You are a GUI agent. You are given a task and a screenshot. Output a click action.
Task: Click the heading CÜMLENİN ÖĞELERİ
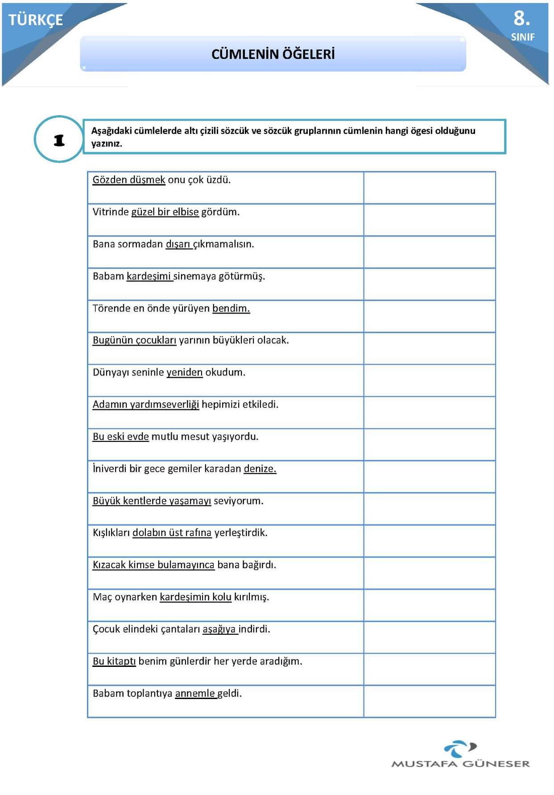pos(273,54)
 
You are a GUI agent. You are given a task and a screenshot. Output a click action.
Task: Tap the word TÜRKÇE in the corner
pos(36,20)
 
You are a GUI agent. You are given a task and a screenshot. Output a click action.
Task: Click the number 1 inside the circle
pos(59,140)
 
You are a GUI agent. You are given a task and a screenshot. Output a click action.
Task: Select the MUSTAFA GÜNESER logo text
pos(460,764)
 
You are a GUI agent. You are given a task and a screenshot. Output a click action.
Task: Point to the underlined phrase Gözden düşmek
pos(129,180)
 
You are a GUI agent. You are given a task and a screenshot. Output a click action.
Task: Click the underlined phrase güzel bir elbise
pos(165,212)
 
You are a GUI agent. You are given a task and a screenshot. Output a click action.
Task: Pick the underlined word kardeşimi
pos(149,276)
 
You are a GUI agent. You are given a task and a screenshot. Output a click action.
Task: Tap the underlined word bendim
pos(231,308)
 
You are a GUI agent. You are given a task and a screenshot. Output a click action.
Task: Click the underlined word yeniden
pos(184,372)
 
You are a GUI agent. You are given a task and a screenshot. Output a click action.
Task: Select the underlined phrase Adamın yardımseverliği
pos(146,404)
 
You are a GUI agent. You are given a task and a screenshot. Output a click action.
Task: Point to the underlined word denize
pos(260,469)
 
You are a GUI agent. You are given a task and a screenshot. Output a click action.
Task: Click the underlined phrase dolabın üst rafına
pos(172,533)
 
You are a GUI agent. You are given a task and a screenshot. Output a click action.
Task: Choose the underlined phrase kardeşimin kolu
pos(195,597)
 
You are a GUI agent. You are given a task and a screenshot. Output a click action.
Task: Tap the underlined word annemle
pos(195,693)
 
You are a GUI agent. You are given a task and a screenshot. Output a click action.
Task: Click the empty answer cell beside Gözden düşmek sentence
pos(429,187)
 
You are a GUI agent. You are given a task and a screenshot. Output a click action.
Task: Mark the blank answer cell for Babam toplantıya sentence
pos(429,701)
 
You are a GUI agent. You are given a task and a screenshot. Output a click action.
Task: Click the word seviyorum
pos(238,501)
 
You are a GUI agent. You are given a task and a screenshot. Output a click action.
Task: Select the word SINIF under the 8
pos(522,37)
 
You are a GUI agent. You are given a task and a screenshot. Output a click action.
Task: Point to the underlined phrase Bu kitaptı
pos(114,661)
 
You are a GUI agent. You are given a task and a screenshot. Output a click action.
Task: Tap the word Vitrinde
pos(111,212)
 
